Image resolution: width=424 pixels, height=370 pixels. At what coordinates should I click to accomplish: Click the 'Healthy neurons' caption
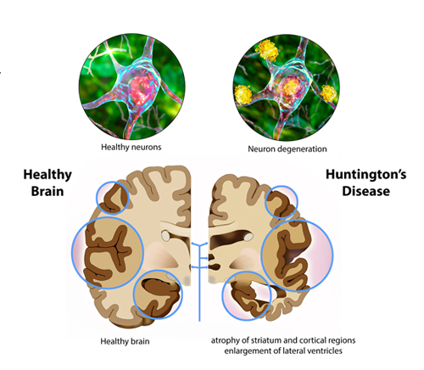click(x=131, y=147)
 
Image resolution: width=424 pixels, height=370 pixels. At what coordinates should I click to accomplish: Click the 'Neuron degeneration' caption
click(x=287, y=149)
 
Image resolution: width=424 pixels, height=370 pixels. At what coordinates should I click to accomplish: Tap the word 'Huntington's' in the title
click(x=366, y=174)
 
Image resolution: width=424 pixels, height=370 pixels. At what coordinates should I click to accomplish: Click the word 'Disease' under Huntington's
click(x=366, y=191)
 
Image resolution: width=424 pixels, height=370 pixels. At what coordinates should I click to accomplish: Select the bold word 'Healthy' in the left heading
click(x=47, y=175)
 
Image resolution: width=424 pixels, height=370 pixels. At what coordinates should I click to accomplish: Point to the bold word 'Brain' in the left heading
click(x=47, y=191)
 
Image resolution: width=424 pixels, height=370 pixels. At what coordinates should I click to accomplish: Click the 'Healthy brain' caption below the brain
click(x=125, y=341)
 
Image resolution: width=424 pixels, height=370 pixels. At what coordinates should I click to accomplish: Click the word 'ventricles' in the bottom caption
click(x=325, y=351)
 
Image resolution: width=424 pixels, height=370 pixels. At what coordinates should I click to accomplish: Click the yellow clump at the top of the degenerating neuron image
click(x=267, y=50)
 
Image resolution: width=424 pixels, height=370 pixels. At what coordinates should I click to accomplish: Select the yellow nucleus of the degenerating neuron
click(x=291, y=87)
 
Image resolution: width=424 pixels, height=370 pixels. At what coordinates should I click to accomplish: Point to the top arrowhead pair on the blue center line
click(x=199, y=244)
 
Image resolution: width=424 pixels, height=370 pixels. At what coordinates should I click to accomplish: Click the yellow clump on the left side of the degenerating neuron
click(x=243, y=94)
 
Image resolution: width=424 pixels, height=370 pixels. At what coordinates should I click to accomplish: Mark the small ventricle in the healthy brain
click(x=165, y=236)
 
